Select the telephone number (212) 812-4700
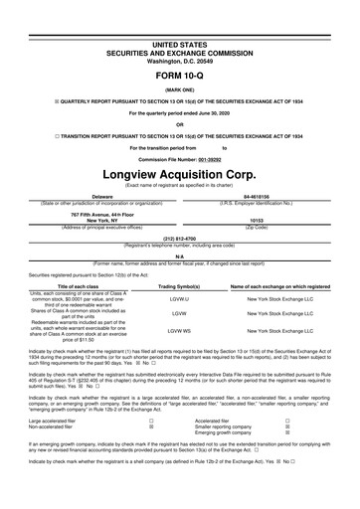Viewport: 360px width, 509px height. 180,240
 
